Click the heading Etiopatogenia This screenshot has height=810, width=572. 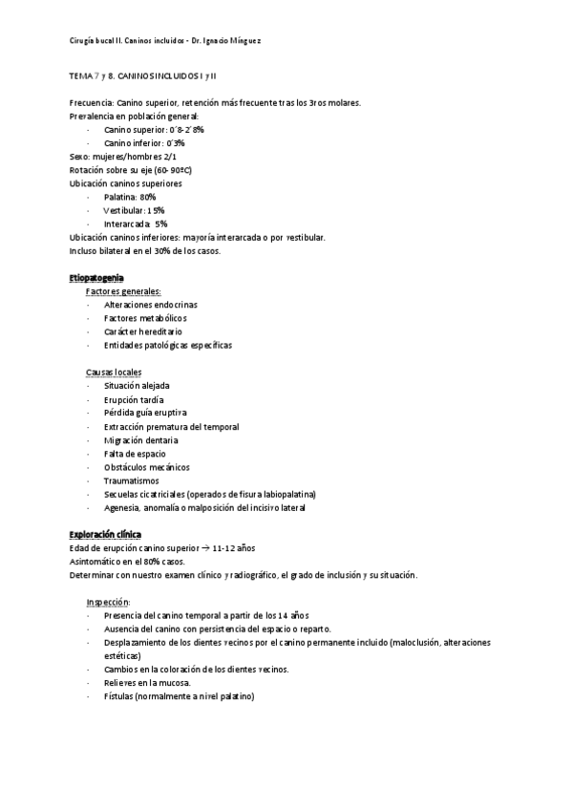point(96,277)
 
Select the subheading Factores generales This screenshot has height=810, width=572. point(123,290)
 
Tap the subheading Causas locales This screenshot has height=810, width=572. point(114,372)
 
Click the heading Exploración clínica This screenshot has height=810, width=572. point(105,534)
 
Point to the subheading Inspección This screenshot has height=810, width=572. point(107,602)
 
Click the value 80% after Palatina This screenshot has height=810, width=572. point(147,196)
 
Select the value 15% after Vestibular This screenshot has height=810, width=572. point(156,209)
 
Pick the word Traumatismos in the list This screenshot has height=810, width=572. point(133,480)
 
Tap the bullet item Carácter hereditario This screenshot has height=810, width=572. point(143,331)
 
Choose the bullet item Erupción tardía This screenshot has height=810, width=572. point(134,399)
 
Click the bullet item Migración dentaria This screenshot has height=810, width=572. point(141,440)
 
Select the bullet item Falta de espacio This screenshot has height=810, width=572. point(136,454)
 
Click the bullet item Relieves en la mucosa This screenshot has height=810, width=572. point(147,683)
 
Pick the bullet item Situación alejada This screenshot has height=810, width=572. point(137,386)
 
